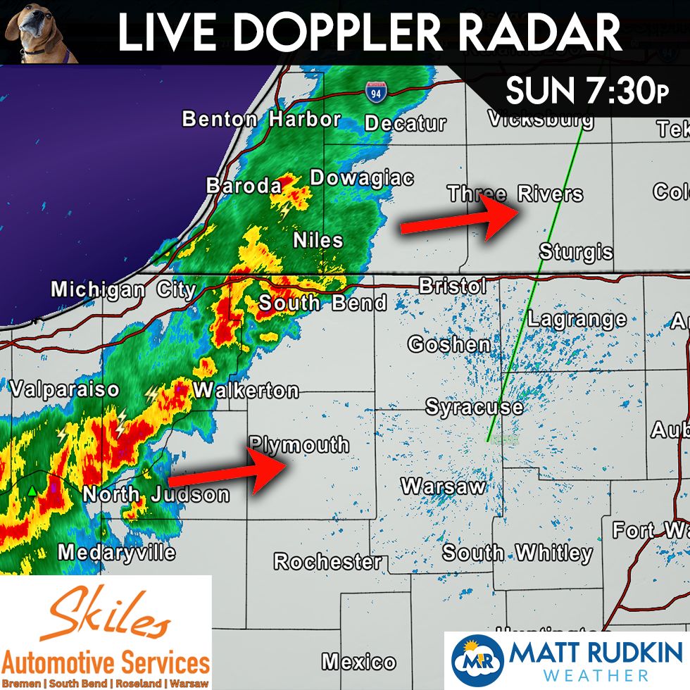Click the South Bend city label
(x=322, y=303)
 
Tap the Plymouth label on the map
(x=299, y=445)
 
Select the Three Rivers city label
(x=515, y=194)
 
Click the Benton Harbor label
(x=261, y=120)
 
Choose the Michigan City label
(x=123, y=289)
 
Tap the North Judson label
(x=156, y=494)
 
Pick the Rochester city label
(x=327, y=562)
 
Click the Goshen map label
(x=449, y=344)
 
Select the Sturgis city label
(x=576, y=251)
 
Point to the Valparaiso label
(x=64, y=389)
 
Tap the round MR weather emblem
(x=477, y=661)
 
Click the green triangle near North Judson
(x=32, y=490)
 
